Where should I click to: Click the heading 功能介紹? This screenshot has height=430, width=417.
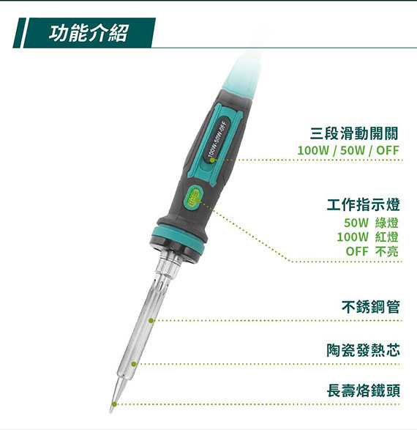[x=89, y=33]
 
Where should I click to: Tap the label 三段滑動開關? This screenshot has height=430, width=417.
[x=354, y=134]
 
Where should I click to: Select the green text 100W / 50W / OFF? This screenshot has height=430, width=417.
[x=348, y=150]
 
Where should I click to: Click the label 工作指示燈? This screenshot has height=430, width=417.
[x=363, y=204]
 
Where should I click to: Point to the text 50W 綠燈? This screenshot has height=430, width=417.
[x=371, y=223]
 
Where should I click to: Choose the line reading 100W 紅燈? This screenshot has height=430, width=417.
[x=367, y=237]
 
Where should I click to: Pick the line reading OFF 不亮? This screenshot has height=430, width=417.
[x=372, y=251]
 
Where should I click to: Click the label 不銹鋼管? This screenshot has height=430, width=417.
[x=371, y=307]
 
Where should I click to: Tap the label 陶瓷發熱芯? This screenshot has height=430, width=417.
[x=363, y=350]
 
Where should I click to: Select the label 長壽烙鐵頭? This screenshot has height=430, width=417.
[x=363, y=390]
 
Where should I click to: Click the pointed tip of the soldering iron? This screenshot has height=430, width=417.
[x=111, y=412]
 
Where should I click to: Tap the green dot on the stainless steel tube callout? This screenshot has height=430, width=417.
[x=151, y=320]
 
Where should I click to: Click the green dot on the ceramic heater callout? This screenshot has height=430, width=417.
[x=134, y=364]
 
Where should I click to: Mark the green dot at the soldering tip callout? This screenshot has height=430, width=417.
[x=115, y=404]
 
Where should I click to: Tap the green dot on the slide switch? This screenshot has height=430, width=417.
[x=211, y=160]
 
